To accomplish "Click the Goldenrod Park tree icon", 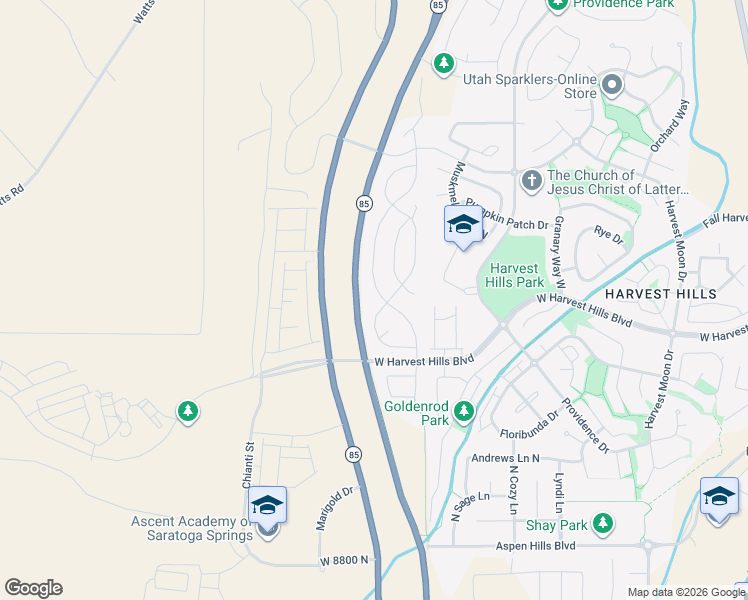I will [x=463, y=411].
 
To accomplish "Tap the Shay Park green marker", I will [x=602, y=523].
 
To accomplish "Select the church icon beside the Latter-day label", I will [x=531, y=180].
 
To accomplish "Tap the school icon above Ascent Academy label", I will [x=267, y=505].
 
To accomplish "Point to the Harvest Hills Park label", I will [x=516, y=275].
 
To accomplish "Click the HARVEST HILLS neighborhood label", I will [x=660, y=294].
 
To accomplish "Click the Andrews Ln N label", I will [x=505, y=459].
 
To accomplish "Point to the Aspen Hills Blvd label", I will [x=536, y=546].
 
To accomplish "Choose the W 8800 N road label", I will [x=345, y=560].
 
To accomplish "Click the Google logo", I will [x=33, y=588].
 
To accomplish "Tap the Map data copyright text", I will [x=686, y=592].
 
